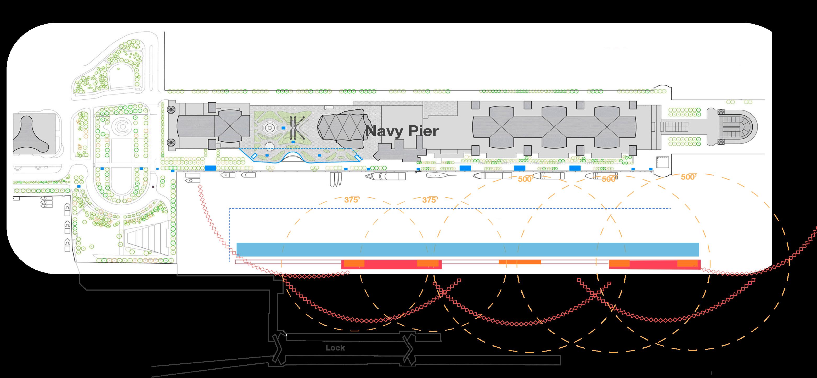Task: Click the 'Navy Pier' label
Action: pyautogui.click(x=402, y=131)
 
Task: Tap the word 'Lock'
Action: pyautogui.click(x=335, y=348)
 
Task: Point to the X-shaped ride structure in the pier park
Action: pyautogui.click(x=297, y=128)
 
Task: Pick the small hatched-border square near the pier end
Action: pyautogui.click(x=662, y=162)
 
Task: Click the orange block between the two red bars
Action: pyautogui.click(x=520, y=262)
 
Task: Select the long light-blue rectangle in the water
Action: pyautogui.click(x=468, y=249)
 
